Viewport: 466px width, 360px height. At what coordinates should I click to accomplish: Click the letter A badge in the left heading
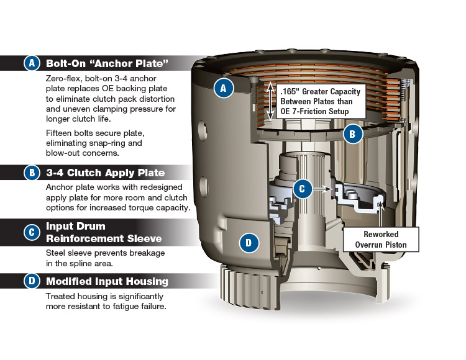tap(32, 63)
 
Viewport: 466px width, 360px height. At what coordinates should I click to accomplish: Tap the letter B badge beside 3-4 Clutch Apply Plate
tap(32, 173)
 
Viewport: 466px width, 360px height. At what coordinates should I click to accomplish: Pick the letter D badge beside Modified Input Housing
tap(32, 281)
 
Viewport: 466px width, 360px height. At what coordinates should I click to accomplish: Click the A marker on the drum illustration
tap(223, 88)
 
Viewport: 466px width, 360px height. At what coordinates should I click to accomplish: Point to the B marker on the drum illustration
tap(352, 133)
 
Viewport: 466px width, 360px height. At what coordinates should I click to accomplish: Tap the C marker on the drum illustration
tap(302, 188)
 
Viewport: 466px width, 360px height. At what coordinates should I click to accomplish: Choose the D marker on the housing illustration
tap(248, 243)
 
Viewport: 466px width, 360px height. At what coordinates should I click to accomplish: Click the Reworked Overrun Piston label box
tap(382, 240)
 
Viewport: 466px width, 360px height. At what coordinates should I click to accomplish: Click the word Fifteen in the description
tap(60, 133)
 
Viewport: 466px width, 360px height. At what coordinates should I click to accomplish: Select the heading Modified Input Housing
tap(107, 281)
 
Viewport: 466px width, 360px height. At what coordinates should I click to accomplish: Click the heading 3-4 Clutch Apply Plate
tap(105, 173)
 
